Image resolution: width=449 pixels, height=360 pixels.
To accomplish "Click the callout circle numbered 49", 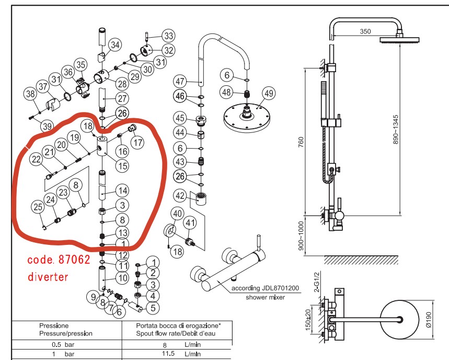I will click(x=268, y=94).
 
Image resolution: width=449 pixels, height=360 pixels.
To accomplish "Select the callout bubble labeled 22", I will click(x=36, y=159).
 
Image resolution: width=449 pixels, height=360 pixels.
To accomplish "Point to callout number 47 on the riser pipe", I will click(x=180, y=82).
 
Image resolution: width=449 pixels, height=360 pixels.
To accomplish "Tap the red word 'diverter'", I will click(x=48, y=277).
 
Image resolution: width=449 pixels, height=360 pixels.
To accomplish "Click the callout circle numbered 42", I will click(x=180, y=196).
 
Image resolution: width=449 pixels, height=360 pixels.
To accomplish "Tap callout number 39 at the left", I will click(x=47, y=126).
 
